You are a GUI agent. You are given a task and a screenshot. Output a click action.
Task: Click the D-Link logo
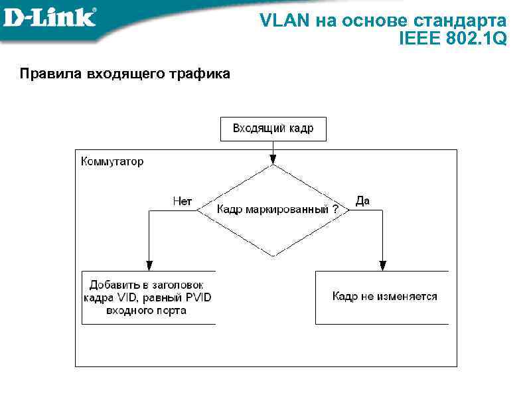(50, 17)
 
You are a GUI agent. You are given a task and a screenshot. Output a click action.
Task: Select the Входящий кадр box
(273, 129)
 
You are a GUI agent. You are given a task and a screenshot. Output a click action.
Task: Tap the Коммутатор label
(112, 161)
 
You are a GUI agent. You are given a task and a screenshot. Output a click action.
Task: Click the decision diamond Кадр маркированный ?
(273, 210)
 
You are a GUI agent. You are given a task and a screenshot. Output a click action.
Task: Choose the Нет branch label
(182, 201)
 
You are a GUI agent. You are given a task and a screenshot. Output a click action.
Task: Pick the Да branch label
(362, 201)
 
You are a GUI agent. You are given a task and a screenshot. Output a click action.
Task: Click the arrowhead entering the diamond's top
(273, 160)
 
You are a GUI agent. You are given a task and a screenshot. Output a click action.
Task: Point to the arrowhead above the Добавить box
(149, 266)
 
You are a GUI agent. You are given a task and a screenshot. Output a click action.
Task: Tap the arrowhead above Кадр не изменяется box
(382, 266)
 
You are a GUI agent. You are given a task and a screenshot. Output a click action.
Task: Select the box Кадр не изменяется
(382, 297)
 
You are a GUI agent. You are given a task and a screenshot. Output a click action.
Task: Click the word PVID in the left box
(196, 297)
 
